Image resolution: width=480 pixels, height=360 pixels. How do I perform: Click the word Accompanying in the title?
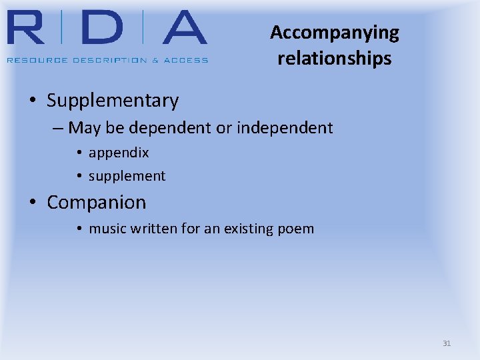coord(334,33)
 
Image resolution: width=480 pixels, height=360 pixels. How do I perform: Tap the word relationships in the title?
coord(334,59)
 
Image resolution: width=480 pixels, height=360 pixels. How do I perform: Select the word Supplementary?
coord(113,101)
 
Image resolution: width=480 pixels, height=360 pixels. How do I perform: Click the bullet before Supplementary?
coord(33,101)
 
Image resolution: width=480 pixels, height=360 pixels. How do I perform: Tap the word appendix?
coord(119,153)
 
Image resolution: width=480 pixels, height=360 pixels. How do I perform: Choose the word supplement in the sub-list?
coord(127,176)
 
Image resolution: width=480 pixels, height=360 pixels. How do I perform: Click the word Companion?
coord(96,202)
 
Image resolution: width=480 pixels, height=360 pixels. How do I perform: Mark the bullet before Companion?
coord(33,202)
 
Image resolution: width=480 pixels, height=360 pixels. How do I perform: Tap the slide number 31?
coord(447,343)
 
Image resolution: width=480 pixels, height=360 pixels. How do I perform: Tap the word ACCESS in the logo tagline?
coord(186,60)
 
